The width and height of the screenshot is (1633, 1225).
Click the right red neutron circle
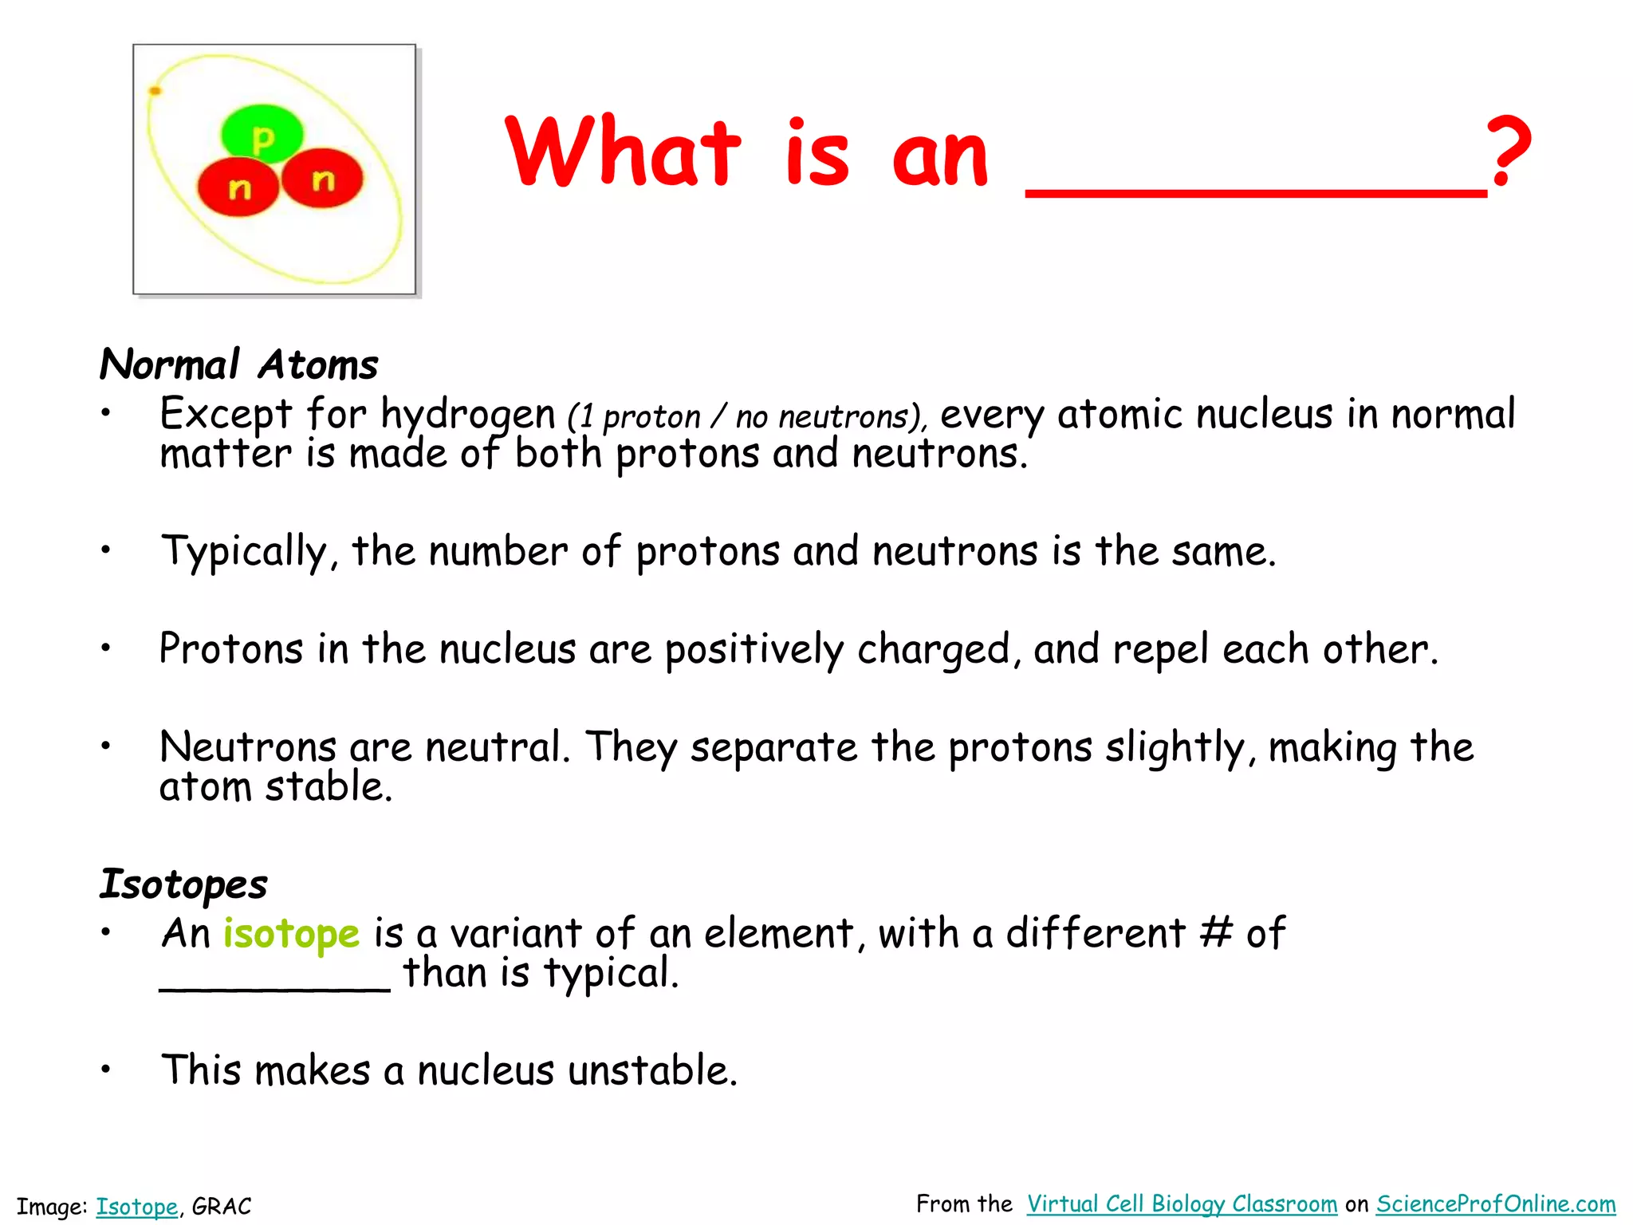(322, 179)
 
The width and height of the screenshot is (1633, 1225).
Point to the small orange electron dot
(155, 91)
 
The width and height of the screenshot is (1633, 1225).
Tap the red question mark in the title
(1509, 152)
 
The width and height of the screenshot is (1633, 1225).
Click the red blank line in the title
(1255, 191)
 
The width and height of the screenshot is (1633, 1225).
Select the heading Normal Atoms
(238, 365)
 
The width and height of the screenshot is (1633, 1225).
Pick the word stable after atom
(329, 788)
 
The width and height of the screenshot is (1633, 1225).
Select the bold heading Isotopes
(183, 884)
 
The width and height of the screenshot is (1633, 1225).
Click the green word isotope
(291, 933)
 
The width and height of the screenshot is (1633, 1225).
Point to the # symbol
(1216, 932)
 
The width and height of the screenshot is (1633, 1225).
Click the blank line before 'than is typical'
(275, 987)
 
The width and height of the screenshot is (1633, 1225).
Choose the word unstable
(653, 1070)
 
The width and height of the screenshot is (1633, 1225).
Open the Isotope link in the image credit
(136, 1207)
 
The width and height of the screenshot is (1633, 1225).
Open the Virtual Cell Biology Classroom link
(1182, 1204)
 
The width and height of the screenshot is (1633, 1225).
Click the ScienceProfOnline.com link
(1496, 1204)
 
